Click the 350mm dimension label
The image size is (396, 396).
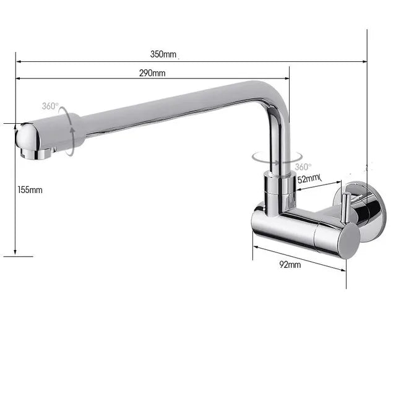click(x=163, y=54)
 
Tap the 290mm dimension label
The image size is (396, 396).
click(x=152, y=73)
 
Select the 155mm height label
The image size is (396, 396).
click(x=30, y=190)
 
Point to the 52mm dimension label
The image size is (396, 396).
click(x=309, y=179)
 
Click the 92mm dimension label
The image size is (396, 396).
click(x=290, y=265)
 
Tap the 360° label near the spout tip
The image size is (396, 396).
click(x=50, y=106)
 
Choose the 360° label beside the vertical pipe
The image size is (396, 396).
click(x=303, y=167)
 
